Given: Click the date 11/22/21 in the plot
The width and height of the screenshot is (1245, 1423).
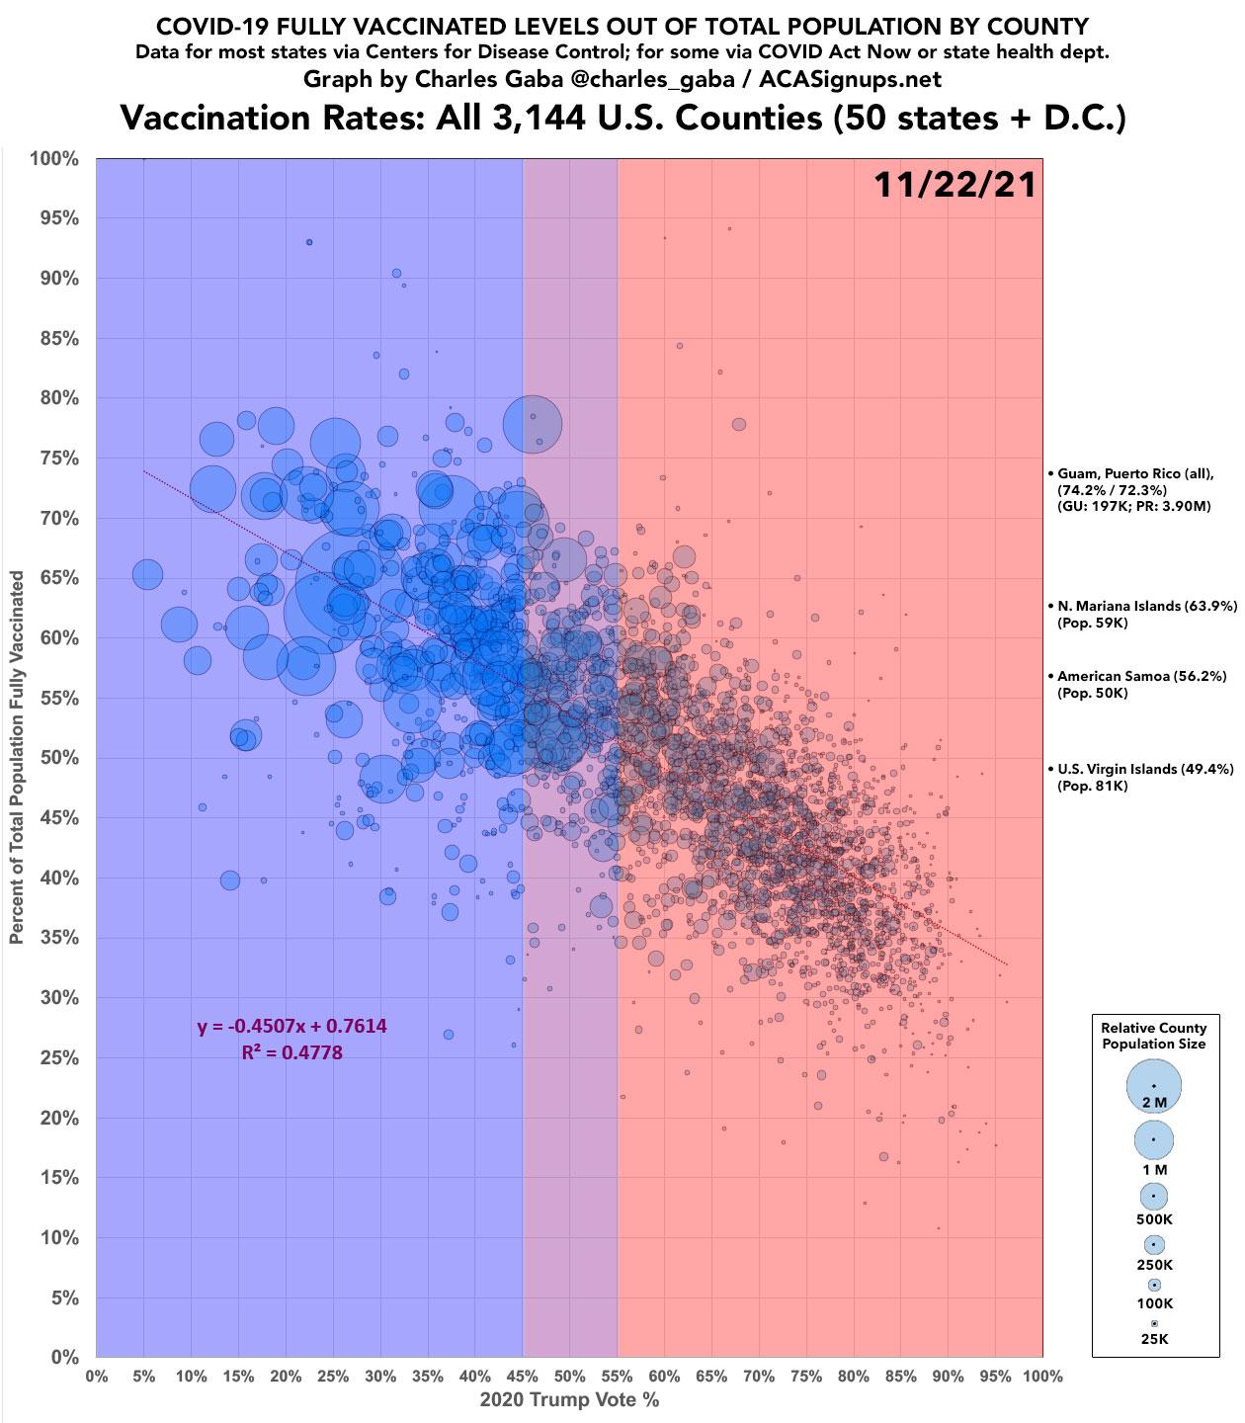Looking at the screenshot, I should coord(954,185).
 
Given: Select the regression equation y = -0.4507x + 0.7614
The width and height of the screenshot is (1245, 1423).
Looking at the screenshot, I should coord(292,1027).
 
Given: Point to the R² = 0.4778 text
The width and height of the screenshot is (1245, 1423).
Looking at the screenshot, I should coord(292,1053).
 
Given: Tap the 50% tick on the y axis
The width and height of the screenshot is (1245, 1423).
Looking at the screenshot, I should coord(60,758).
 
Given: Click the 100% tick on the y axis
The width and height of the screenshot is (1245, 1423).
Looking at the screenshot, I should coord(56,159).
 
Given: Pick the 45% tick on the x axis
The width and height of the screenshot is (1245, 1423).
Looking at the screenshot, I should coord(522,1377).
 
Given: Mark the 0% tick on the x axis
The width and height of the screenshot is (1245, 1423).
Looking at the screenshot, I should coord(97,1377).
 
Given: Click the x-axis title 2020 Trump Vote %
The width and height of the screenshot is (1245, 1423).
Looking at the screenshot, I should coord(569,1400).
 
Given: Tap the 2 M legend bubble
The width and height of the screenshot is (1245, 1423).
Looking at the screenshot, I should coord(1153,1086).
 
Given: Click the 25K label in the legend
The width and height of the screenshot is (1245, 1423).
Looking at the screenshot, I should coord(1154,1339).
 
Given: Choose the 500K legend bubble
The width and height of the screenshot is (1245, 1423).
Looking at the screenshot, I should coord(1153,1196).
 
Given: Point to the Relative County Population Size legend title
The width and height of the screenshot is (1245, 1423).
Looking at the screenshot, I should coord(1153,1036).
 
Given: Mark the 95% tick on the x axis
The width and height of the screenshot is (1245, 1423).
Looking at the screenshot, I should coord(995,1377).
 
